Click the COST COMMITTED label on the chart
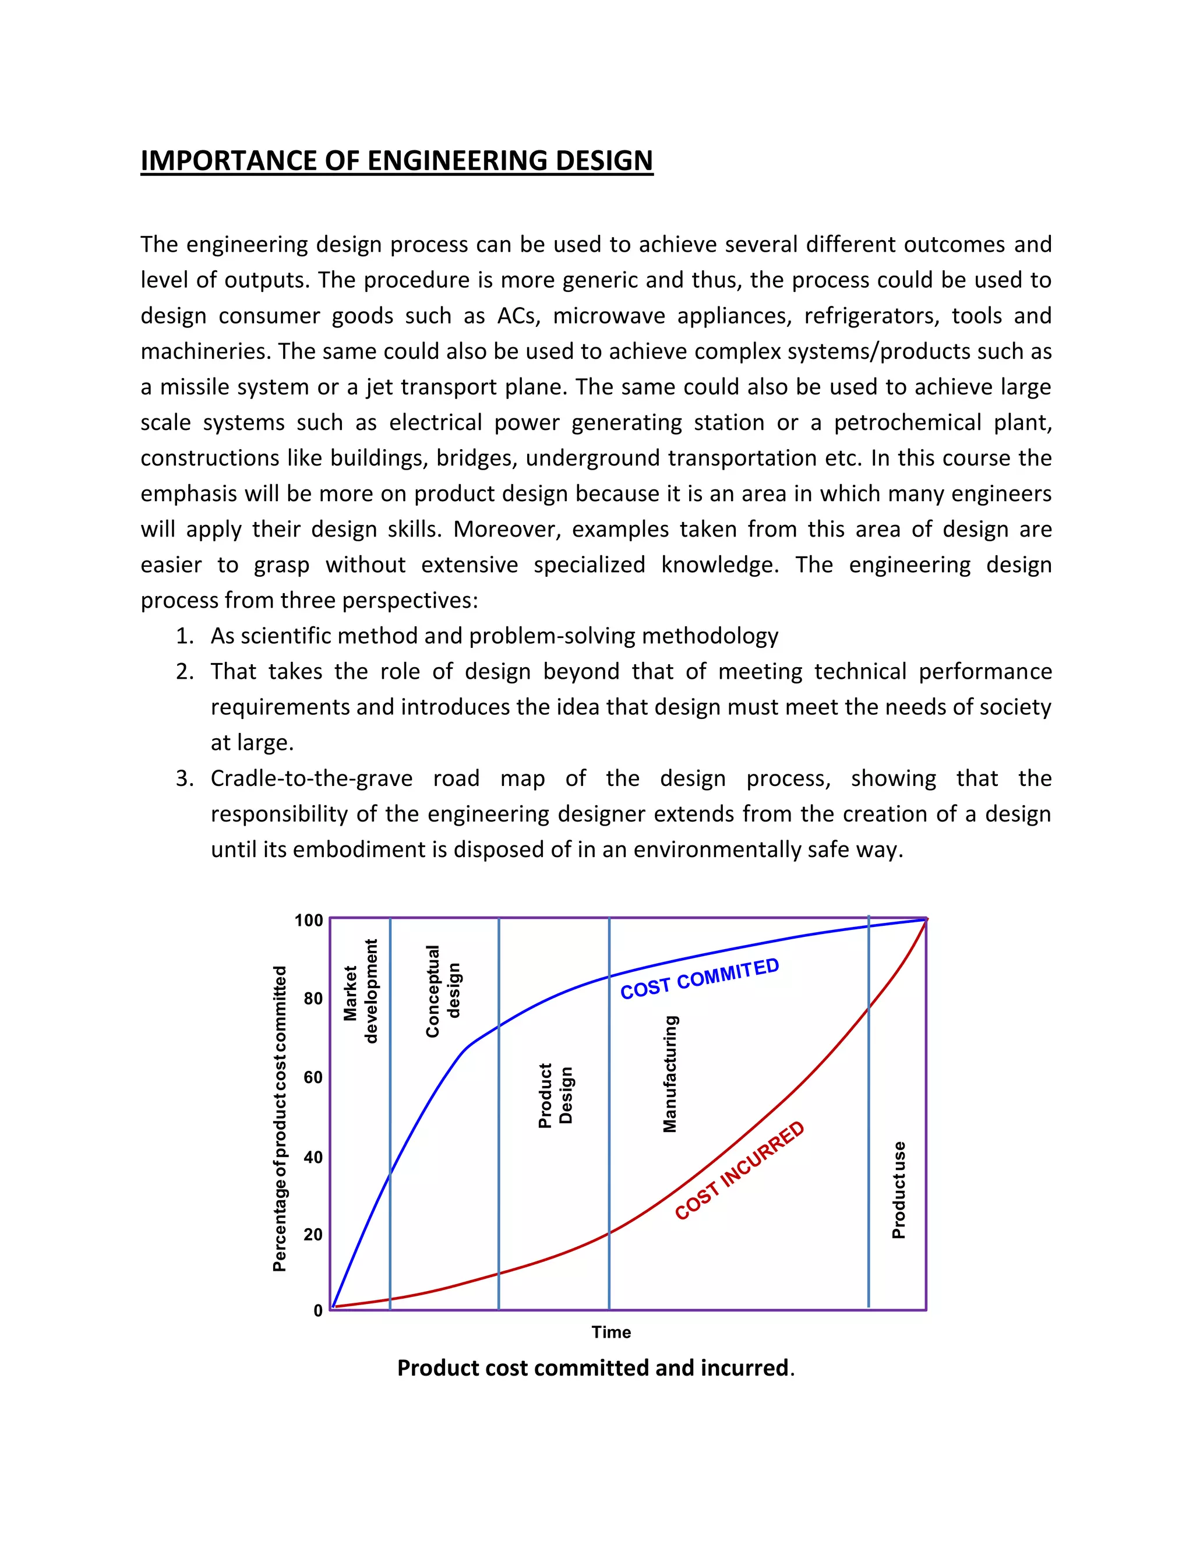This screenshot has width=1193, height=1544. click(700, 979)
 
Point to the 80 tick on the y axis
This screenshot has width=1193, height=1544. click(313, 999)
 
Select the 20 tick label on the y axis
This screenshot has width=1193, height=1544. click(313, 1235)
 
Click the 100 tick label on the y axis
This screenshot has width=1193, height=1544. click(309, 921)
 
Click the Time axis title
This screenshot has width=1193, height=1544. click(610, 1333)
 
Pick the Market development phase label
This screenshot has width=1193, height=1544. click(361, 990)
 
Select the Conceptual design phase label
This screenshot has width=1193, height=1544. click(443, 991)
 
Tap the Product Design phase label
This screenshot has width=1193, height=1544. click(556, 1095)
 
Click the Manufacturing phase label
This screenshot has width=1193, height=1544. click(670, 1074)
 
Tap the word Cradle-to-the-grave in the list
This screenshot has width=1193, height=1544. click(311, 779)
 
